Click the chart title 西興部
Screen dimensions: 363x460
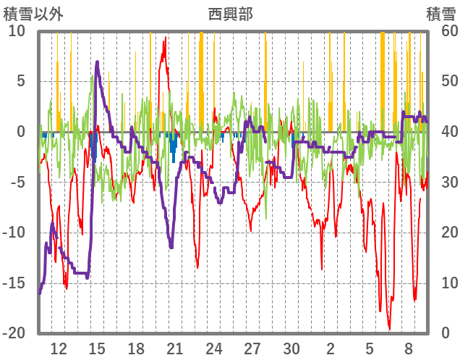230,14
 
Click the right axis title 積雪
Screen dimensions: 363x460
441,14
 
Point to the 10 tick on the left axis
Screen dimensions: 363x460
17,30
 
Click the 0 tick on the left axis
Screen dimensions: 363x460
21,132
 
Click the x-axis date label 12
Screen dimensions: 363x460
59,347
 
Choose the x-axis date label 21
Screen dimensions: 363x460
175,347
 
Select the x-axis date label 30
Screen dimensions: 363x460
291,347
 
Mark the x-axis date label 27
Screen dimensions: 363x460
252,347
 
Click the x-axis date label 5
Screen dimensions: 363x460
370,347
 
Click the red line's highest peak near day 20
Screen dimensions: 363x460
166,38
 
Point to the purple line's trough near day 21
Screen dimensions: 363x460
171,248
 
